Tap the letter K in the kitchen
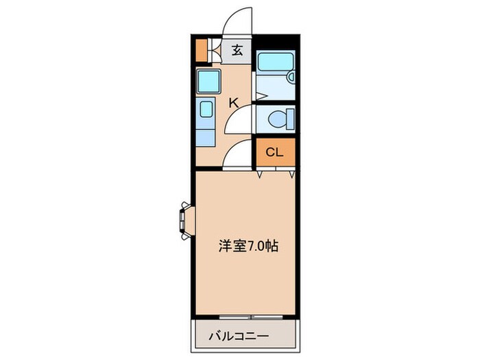coord(233,104)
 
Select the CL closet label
coord(274,152)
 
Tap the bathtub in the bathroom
coord(276,62)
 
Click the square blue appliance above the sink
coord(207,82)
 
